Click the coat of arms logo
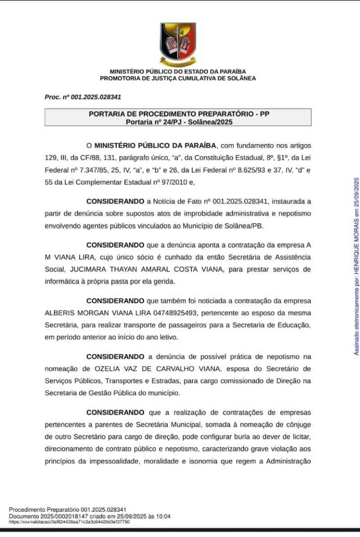click(178, 44)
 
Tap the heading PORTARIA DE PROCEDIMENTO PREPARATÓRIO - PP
click(178, 114)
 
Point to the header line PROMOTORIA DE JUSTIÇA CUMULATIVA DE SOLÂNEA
click(178, 78)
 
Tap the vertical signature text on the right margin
click(356, 266)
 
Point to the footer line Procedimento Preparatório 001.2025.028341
click(68, 510)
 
